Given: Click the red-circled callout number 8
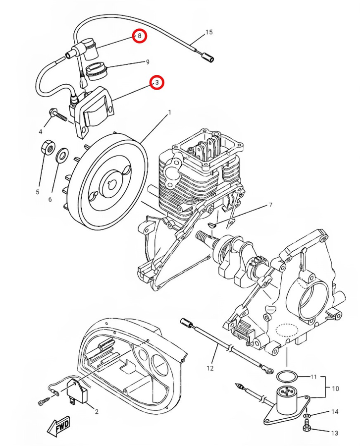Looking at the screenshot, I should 140,36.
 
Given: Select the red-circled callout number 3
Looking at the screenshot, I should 157,83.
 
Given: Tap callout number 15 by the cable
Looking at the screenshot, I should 208,32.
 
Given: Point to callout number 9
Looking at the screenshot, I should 147,62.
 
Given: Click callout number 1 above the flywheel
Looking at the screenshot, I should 169,112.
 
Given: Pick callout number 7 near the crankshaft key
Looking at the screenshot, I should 270,205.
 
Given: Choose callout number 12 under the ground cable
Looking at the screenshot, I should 210,368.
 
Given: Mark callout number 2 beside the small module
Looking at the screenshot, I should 97,411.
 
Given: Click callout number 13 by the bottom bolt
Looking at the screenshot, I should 335,433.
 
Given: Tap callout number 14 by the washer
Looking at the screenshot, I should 335,412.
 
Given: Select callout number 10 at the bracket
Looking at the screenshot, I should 335,389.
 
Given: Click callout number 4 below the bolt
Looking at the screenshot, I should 41,131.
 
